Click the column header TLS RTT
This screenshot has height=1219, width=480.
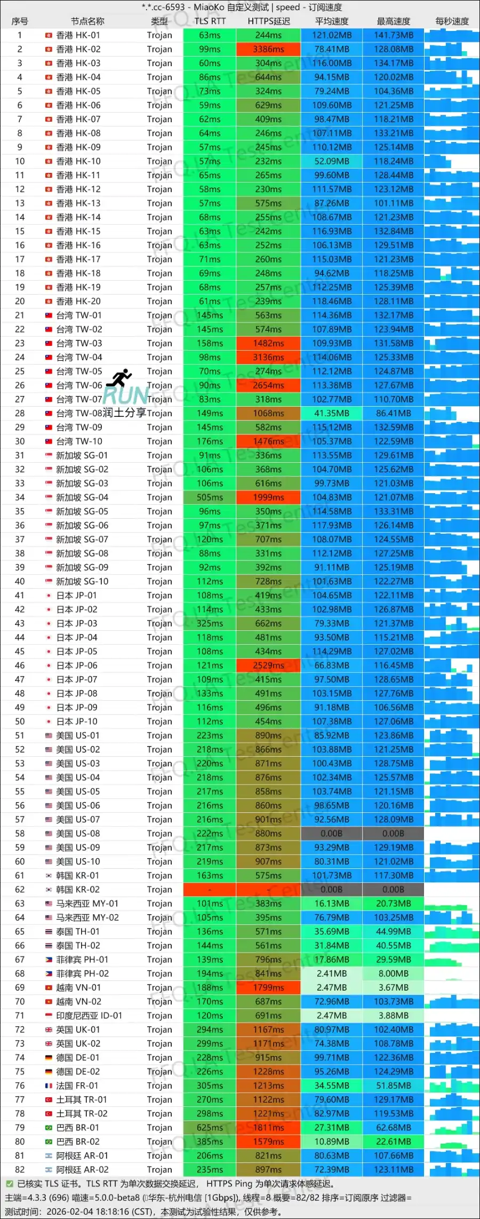click(x=210, y=21)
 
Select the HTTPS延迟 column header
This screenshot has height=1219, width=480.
click(x=268, y=21)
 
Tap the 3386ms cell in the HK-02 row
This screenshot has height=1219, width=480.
click(x=268, y=49)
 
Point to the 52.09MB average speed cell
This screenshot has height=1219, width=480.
click(x=332, y=161)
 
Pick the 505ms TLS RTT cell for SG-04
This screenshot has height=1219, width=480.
click(x=210, y=497)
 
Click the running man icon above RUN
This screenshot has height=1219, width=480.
click(x=119, y=377)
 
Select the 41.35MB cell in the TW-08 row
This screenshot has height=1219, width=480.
click(x=332, y=413)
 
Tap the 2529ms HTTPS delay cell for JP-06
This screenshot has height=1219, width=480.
click(x=268, y=666)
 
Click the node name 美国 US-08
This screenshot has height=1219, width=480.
click(x=78, y=834)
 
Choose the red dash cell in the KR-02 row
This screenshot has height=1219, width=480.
click(x=210, y=890)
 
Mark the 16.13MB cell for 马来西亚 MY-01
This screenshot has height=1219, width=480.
click(x=332, y=904)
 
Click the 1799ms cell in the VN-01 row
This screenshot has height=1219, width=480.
click(x=268, y=988)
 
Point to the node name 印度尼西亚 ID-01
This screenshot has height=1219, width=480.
click(x=89, y=1016)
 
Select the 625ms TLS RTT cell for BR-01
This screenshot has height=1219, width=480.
click(x=210, y=1128)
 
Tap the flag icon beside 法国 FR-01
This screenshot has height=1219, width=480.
click(x=49, y=1086)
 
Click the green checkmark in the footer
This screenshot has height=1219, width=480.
click(x=9, y=1184)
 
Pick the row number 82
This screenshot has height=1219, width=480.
click(x=20, y=1169)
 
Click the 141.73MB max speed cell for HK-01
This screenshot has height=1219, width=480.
click(x=394, y=35)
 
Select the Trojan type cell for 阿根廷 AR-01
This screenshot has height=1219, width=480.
click(x=159, y=1155)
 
